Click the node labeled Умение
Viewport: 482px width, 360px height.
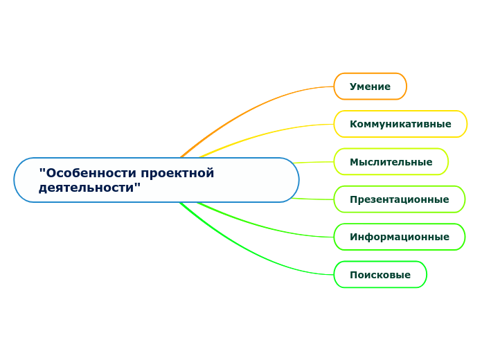click(x=370, y=87)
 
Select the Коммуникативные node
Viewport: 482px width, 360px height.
click(x=400, y=124)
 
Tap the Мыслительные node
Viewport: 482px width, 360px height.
click(x=391, y=162)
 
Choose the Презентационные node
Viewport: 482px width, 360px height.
click(x=399, y=199)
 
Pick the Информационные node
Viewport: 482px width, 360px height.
click(x=399, y=237)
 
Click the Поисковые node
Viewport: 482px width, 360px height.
click(x=380, y=275)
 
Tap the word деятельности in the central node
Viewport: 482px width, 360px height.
click(x=88, y=187)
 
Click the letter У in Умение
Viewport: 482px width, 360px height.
click(x=353, y=87)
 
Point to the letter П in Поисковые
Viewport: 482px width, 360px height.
click(x=353, y=275)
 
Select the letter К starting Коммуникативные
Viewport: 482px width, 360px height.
click(x=353, y=124)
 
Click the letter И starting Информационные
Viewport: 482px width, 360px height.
click(x=353, y=237)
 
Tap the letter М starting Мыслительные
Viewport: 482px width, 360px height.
click(x=354, y=162)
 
